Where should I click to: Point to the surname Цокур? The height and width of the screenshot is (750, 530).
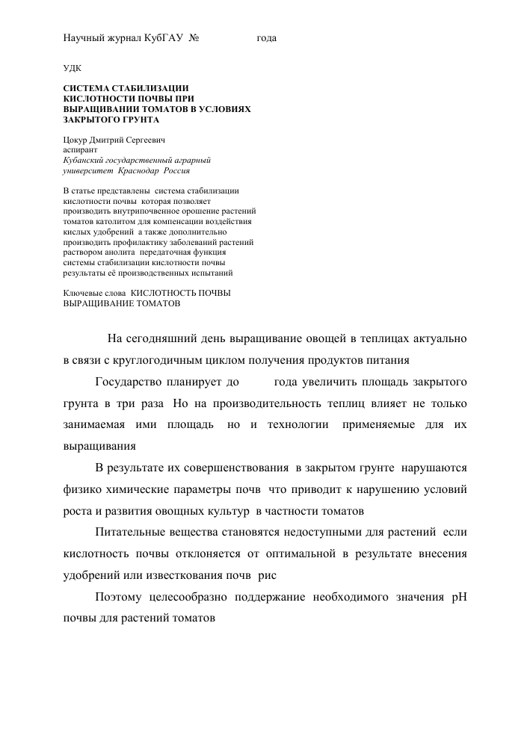click(77, 140)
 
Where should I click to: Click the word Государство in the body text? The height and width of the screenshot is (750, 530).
click(129, 382)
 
